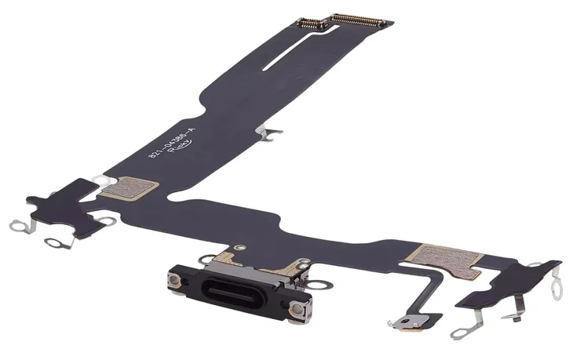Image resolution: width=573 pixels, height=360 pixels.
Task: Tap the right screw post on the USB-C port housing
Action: [x=297, y=314]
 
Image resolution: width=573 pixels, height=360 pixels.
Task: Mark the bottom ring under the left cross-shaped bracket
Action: [x=54, y=241]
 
